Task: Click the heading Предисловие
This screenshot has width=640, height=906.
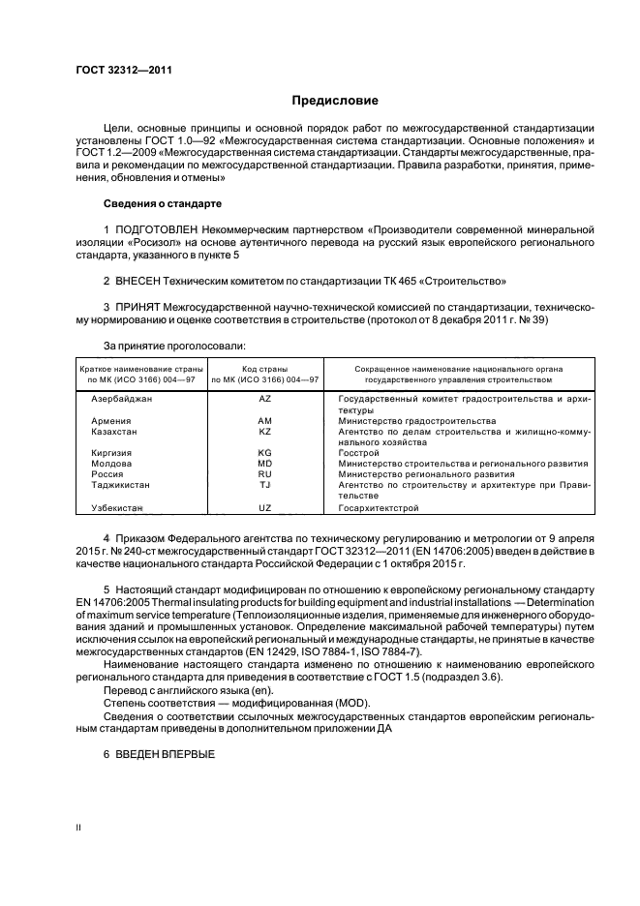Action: [336, 101]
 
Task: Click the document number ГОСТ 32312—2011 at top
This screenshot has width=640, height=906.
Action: [117, 71]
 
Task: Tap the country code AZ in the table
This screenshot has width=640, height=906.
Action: [264, 398]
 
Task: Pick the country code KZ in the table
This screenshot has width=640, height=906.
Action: [264, 432]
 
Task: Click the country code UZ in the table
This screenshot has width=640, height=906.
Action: [264, 507]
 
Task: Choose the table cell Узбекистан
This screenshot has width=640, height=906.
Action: [117, 507]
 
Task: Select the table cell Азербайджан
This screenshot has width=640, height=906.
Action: [121, 398]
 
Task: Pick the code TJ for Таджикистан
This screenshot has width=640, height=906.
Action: [264, 485]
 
